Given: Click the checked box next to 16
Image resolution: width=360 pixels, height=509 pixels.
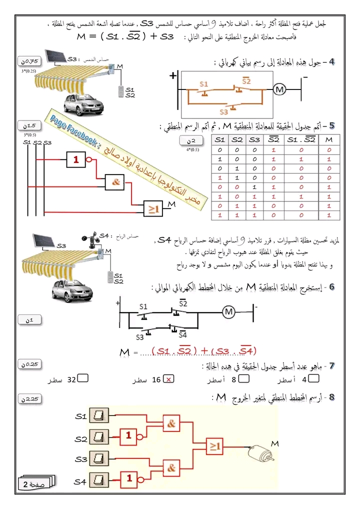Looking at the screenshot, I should tap(169, 379).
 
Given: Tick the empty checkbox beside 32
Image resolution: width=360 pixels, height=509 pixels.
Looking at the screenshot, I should tap(83, 379).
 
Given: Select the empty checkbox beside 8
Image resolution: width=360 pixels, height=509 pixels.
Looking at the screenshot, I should tap(246, 379).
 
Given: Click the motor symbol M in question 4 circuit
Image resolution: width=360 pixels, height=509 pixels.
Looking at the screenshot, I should tap(280, 89).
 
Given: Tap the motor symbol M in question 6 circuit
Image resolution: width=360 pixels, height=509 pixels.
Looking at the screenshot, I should tap(228, 311).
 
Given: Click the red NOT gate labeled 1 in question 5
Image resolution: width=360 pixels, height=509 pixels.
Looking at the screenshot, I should tap(76, 160).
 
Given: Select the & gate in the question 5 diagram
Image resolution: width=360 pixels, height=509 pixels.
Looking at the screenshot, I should tap(115, 182).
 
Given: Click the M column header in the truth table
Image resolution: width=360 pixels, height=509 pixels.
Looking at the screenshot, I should tap(328, 139).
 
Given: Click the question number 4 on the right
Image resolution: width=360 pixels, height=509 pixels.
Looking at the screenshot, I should tap(331, 62).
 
